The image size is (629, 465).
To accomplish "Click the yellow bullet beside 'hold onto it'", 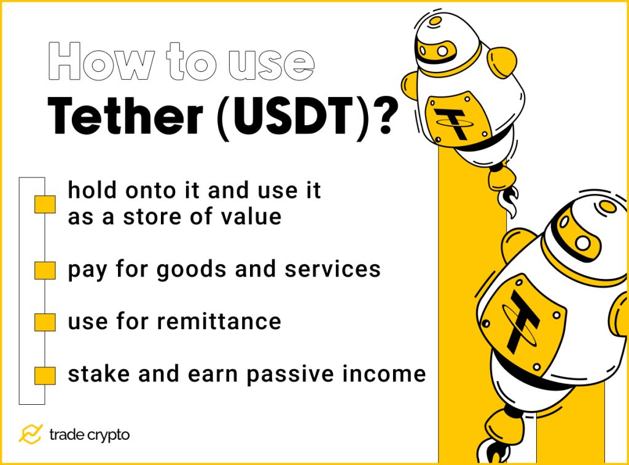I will coord(45,205).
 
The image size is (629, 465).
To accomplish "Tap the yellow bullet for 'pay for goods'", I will coord(45,270).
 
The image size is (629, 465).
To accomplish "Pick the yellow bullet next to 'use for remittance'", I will coord(45,321).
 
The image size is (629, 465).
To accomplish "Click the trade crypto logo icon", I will coord(30,434).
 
